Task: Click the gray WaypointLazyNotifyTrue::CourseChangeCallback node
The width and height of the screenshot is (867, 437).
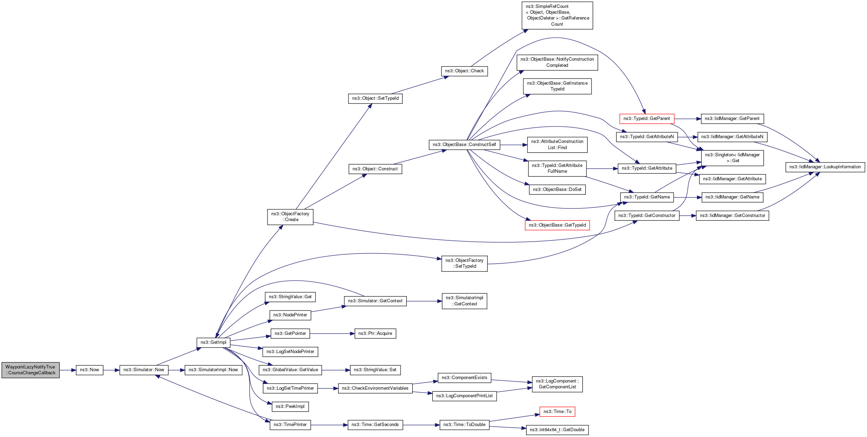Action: [30, 370]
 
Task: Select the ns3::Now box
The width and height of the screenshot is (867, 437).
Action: [89, 370]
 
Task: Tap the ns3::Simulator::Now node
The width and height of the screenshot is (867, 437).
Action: [144, 370]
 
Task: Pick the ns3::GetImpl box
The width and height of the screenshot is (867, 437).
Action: [213, 342]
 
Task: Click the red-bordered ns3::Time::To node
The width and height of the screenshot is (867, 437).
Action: [557, 412]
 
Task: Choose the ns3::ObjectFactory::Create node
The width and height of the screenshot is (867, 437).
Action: [290, 217]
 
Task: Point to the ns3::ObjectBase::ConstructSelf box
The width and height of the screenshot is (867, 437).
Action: [464, 145]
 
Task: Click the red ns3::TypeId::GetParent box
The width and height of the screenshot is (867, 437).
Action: [646, 119]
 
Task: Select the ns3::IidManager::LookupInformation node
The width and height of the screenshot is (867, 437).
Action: [825, 167]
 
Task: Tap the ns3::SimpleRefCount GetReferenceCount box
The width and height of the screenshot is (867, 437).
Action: [557, 15]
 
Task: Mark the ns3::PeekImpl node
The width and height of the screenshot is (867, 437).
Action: [290, 406]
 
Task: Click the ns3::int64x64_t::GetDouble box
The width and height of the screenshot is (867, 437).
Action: [557, 430]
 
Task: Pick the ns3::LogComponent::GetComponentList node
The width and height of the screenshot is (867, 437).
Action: [557, 384]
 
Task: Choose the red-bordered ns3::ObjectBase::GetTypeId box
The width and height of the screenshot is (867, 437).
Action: [557, 225]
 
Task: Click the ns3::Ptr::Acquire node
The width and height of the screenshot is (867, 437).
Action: [375, 333]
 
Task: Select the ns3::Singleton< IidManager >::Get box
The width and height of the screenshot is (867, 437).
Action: [732, 158]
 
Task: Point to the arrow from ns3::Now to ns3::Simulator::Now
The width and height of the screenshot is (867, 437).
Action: [111, 370]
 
